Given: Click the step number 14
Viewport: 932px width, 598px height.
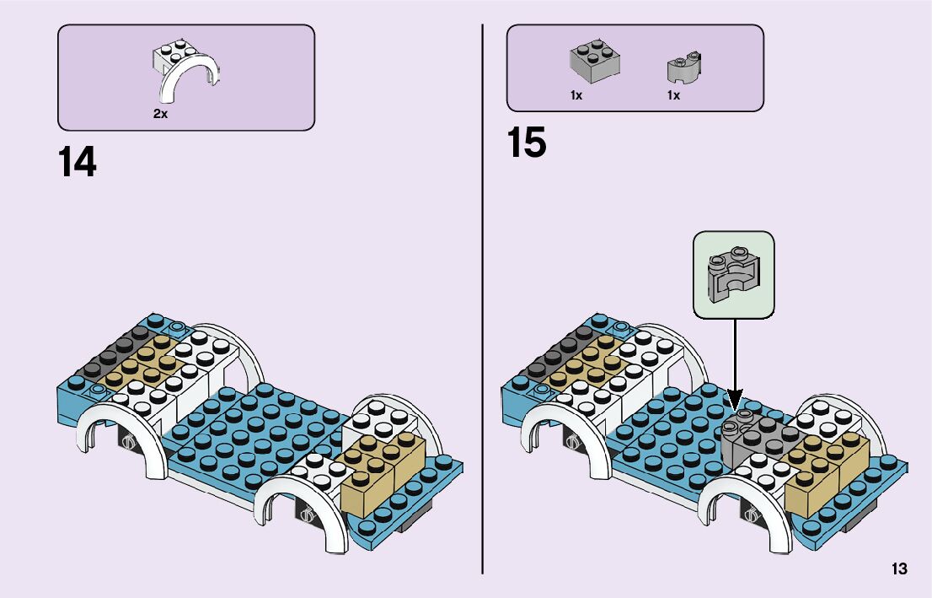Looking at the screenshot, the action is click(77, 162).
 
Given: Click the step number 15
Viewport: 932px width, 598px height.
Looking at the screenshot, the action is click(527, 143).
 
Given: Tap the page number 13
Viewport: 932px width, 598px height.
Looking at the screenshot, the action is click(898, 569).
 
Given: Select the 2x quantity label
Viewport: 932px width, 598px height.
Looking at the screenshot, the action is click(160, 113).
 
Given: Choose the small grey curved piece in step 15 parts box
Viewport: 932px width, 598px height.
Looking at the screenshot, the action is click(684, 67).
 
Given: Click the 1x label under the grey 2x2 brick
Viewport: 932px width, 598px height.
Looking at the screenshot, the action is click(576, 96).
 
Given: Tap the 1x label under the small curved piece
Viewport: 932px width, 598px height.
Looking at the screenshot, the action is click(673, 96).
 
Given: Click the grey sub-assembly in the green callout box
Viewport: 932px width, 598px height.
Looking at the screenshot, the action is click(732, 274).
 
